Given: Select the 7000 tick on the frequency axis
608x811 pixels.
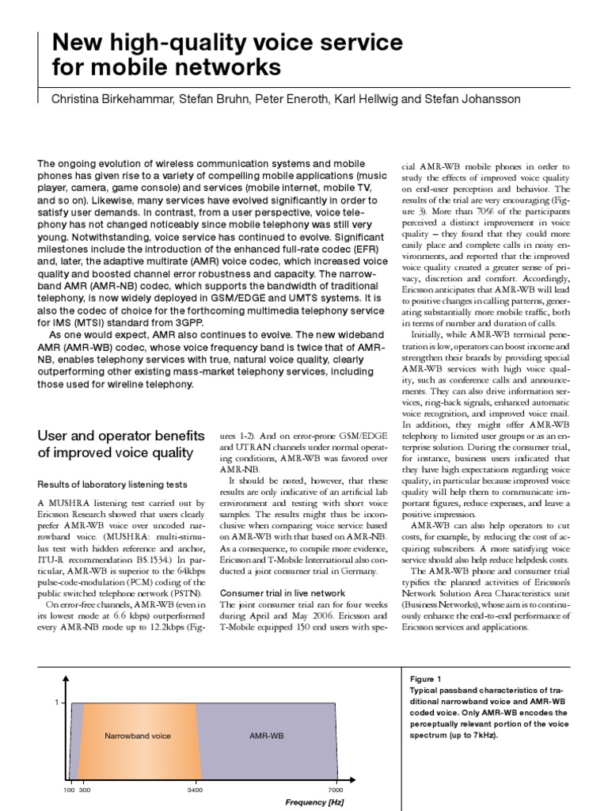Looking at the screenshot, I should (334, 791).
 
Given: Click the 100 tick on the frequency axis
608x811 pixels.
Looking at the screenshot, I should (69, 791).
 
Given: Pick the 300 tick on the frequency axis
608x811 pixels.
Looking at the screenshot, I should (85, 791).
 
